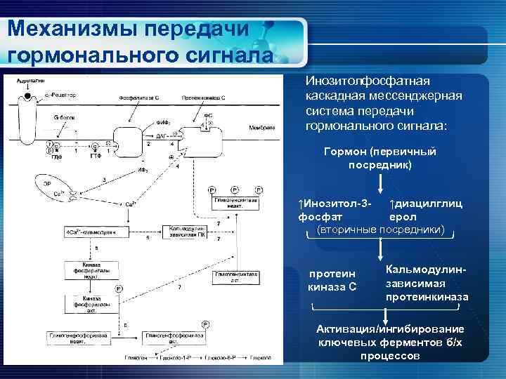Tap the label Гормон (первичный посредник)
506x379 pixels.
(380, 159)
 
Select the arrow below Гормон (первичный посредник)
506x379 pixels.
(380, 184)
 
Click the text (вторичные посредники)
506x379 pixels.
(381, 230)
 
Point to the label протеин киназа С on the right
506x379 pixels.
(332, 279)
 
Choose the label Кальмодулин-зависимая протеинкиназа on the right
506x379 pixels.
(427, 284)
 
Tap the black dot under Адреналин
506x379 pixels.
(27, 95)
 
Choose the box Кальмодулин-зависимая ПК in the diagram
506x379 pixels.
(184, 231)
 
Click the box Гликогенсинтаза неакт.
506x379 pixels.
(236, 202)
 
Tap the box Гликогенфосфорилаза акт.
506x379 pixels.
(172, 338)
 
